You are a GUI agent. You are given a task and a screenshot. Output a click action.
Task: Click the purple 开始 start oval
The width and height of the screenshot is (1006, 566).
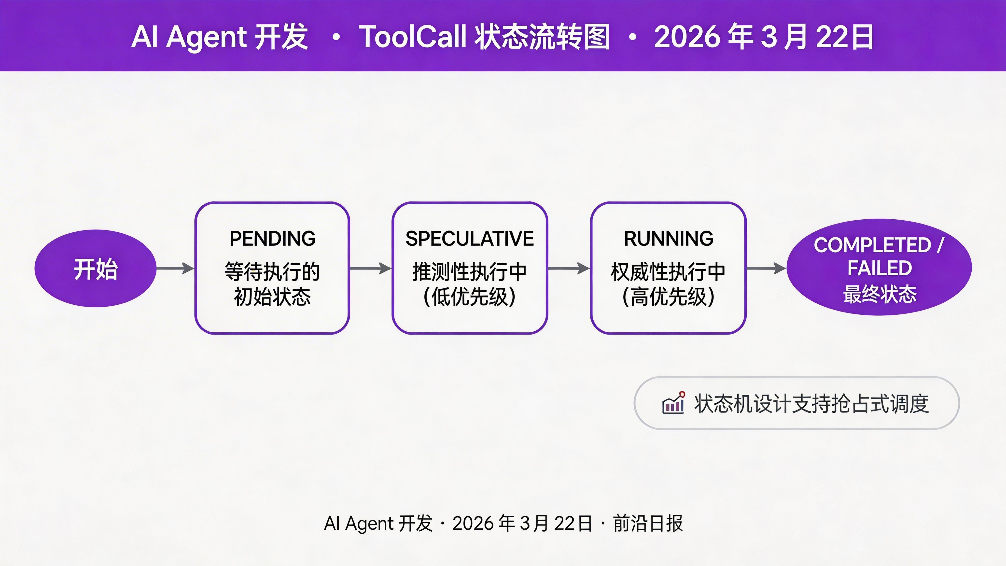point(95,268)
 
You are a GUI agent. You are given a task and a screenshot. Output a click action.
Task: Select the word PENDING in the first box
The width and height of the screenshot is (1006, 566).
point(272,239)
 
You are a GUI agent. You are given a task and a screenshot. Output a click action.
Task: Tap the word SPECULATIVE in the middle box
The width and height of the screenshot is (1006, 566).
point(469,239)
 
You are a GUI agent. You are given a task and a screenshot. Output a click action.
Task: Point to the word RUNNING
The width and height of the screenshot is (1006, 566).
point(668,239)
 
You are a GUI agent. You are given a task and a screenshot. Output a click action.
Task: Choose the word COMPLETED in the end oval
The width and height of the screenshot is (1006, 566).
point(872,245)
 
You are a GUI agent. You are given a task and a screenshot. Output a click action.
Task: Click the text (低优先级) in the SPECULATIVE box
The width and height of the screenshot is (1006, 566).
point(469,297)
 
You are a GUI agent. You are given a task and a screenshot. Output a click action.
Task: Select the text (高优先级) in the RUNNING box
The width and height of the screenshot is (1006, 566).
point(668,297)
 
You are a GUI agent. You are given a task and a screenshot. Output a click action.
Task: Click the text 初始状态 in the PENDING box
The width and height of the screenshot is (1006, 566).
point(272,297)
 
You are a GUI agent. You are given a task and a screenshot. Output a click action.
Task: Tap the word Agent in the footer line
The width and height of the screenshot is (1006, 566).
point(369,524)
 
